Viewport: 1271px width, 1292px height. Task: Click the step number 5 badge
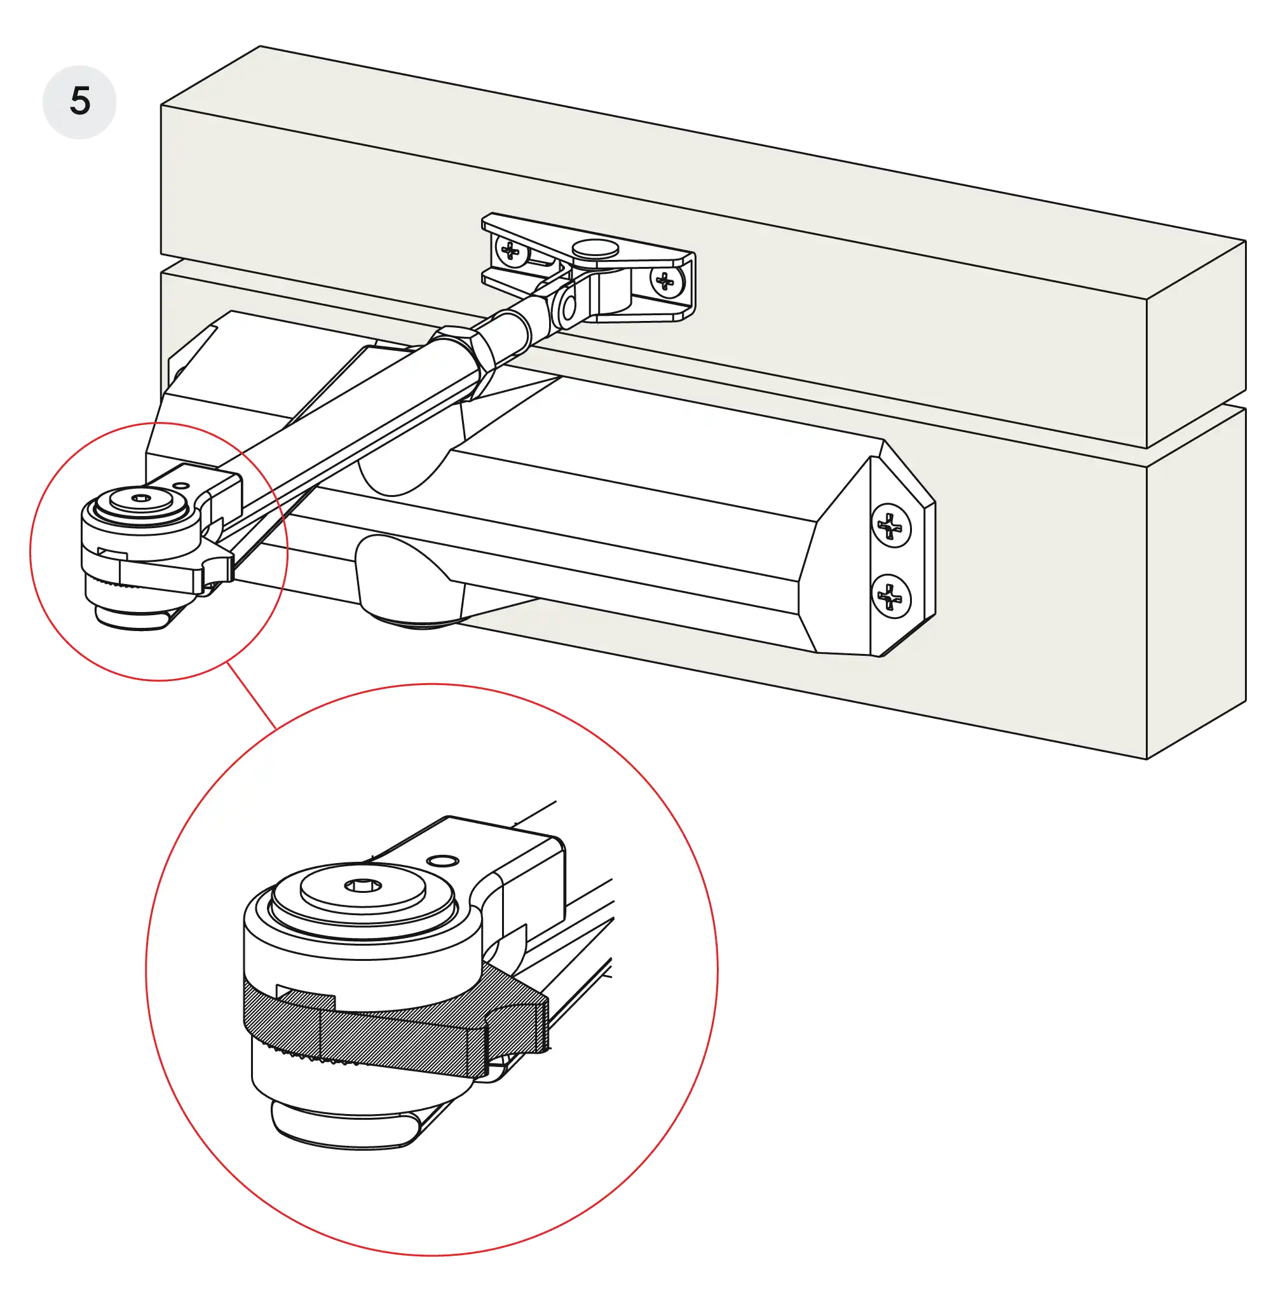tap(79, 102)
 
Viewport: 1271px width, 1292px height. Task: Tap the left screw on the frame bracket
tap(511, 252)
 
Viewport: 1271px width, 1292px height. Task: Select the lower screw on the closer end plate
tap(890, 595)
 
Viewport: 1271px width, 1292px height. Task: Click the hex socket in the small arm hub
tap(141, 498)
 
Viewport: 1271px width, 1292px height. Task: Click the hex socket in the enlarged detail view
tap(363, 885)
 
